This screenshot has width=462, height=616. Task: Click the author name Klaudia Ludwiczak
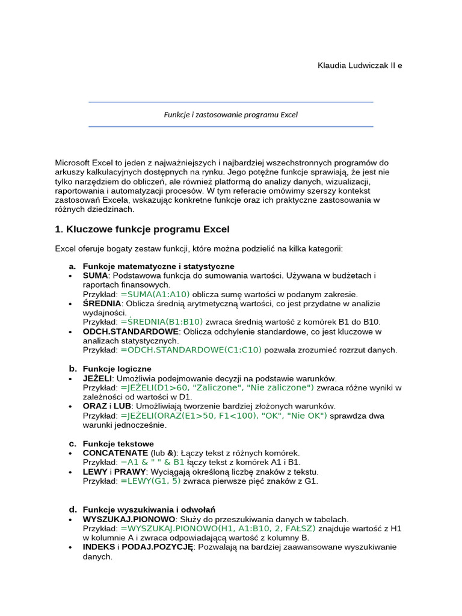coord(360,65)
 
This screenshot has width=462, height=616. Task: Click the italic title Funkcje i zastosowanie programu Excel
coord(231,114)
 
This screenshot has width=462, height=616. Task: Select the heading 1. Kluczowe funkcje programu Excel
coord(142,229)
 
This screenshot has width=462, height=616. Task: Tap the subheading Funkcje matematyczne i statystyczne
coord(158,266)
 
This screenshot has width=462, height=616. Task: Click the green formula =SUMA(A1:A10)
coord(155,294)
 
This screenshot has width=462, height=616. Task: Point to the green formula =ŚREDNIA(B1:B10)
coord(162,322)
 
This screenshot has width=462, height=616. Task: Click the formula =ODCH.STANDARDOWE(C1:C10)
coord(191,350)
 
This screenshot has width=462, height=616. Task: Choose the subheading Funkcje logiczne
coord(117,368)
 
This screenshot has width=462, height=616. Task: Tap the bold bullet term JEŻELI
coord(97,378)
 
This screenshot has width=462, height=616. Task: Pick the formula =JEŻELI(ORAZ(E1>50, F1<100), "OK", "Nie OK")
coord(224,416)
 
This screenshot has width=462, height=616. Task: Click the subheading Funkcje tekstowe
coord(118,444)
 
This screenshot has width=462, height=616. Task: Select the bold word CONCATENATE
coord(115,453)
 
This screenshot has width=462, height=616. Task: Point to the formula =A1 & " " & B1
coord(153,462)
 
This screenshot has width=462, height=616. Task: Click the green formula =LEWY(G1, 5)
coord(150,481)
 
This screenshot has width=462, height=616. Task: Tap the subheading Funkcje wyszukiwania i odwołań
coord(149,510)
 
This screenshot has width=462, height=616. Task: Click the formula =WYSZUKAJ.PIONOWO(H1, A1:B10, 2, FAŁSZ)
coord(220,528)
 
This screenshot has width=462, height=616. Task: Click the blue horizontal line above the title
coord(231,102)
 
